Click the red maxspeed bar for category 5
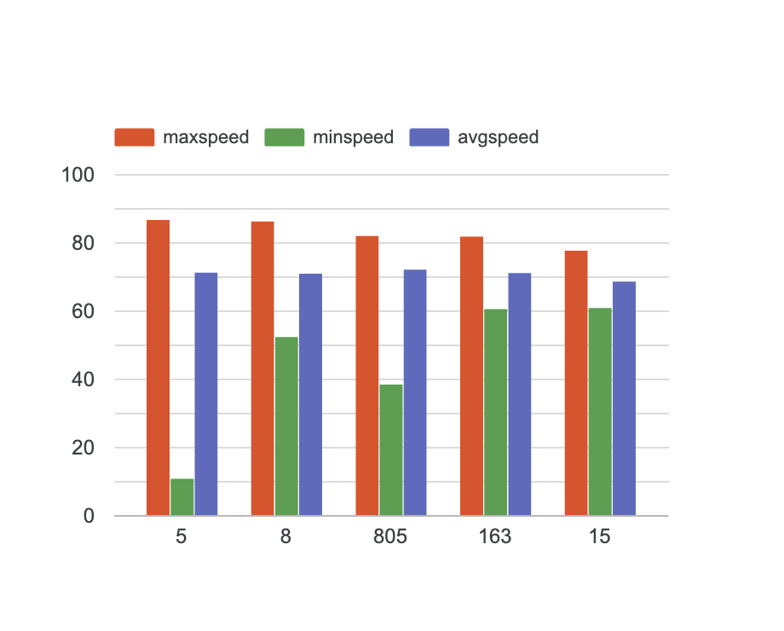click(x=158, y=368)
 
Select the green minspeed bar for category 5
click(x=182, y=497)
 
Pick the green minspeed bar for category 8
click(x=286, y=426)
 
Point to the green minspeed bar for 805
click(x=391, y=450)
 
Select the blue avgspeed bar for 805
click(x=415, y=392)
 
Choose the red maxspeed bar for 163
click(x=471, y=376)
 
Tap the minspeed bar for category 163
click(x=495, y=412)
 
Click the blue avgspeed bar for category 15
click(x=624, y=398)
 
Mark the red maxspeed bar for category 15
click(x=576, y=383)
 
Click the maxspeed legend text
click(x=205, y=137)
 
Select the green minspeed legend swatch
click(x=285, y=137)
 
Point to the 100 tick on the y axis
click(x=78, y=176)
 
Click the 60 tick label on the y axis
click(x=83, y=312)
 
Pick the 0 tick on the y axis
click(x=89, y=517)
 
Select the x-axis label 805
click(x=390, y=538)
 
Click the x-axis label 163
click(x=495, y=538)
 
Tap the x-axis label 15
click(x=600, y=538)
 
